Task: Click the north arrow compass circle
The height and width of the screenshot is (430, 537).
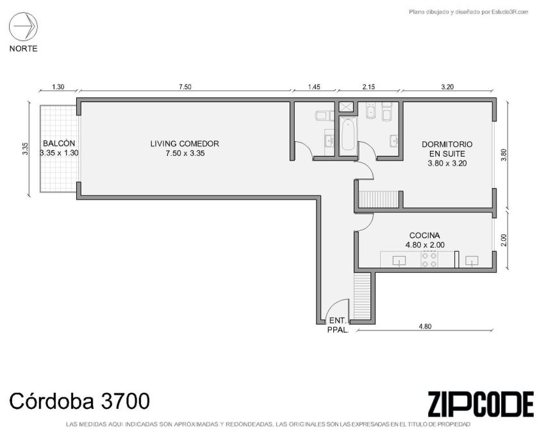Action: tap(23, 27)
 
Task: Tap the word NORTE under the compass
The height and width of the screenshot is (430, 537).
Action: tap(23, 49)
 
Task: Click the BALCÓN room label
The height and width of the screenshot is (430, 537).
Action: tap(59, 143)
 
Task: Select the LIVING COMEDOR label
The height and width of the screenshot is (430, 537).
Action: tap(185, 144)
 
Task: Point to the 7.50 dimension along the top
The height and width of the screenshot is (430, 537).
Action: tap(185, 87)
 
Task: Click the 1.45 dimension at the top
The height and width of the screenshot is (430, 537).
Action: tap(314, 87)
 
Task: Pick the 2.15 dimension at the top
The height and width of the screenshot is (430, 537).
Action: tap(368, 87)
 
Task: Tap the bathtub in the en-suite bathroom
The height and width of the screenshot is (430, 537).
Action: tap(348, 136)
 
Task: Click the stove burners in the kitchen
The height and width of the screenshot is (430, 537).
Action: tap(429, 259)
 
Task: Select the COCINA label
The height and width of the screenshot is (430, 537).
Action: tap(425, 236)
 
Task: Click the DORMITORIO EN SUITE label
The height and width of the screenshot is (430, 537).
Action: tap(447, 149)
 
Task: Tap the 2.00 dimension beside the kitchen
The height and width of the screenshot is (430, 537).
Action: tap(503, 240)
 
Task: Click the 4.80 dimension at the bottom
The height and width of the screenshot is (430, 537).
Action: tap(425, 327)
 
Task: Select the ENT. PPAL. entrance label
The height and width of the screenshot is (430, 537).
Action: tap(338, 325)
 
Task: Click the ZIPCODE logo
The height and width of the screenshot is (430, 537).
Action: tap(481, 404)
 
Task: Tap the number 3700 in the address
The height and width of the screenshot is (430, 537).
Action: tap(125, 401)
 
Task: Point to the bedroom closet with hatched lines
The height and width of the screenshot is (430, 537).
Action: tap(379, 199)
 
